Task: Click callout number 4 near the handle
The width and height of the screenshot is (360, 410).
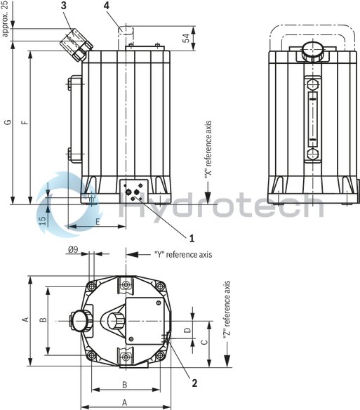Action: pos(107,6)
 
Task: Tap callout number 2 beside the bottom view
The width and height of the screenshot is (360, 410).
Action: pos(194,383)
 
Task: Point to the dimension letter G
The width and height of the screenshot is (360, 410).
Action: pos(7,123)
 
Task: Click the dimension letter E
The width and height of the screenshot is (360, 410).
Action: pos(97,221)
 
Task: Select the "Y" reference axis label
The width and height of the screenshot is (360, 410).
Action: pos(182,254)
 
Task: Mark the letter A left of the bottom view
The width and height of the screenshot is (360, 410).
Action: pos(25,320)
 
